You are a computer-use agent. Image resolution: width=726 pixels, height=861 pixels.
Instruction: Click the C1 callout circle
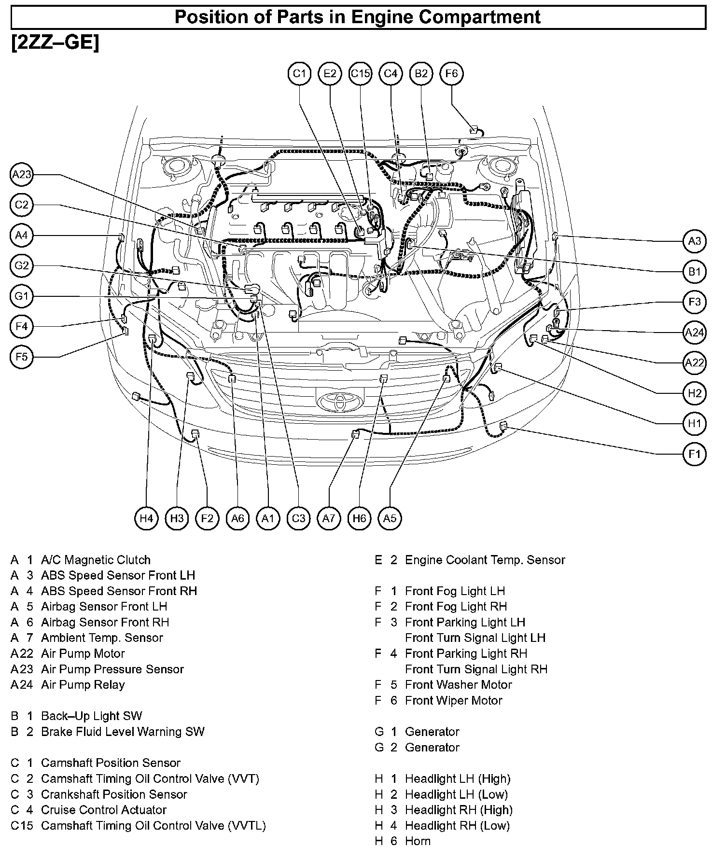pyautogui.click(x=299, y=74)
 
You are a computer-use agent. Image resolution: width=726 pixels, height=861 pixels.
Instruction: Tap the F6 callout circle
pyautogui.click(x=451, y=74)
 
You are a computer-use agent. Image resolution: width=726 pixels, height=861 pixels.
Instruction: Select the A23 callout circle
pyautogui.click(x=22, y=175)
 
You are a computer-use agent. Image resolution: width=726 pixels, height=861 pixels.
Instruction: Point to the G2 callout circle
pyautogui.click(x=22, y=266)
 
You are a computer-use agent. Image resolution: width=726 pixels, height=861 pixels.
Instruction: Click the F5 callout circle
pyautogui.click(x=22, y=357)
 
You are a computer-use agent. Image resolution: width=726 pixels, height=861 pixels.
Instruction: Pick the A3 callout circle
pyautogui.click(x=694, y=241)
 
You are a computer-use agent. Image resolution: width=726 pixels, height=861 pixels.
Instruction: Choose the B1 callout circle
pyautogui.click(x=694, y=272)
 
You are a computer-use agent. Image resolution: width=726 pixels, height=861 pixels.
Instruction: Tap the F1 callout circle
pyautogui.click(x=694, y=454)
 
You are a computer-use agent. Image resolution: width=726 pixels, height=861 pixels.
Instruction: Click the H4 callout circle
pyautogui.click(x=146, y=518)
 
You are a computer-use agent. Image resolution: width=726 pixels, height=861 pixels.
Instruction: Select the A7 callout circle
pyautogui.click(x=329, y=518)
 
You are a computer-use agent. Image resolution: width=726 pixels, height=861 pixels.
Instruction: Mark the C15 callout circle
pyautogui.click(x=360, y=74)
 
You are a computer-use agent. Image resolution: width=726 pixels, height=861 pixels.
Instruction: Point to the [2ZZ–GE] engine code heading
pyautogui.click(x=55, y=43)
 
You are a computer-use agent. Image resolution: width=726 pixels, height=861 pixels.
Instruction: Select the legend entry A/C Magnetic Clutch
pyautogui.click(x=96, y=560)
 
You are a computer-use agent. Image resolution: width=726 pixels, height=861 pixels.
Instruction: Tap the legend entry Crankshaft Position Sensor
pyautogui.click(x=114, y=794)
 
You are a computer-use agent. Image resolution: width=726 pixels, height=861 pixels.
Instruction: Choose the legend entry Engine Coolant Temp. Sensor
pyautogui.click(x=485, y=560)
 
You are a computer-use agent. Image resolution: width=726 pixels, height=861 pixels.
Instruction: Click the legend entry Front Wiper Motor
pyautogui.click(x=454, y=700)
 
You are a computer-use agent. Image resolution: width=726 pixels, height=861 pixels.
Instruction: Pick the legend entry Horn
pyautogui.click(x=418, y=841)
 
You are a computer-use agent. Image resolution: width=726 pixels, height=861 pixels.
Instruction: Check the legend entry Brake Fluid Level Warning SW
pyautogui.click(x=123, y=732)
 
